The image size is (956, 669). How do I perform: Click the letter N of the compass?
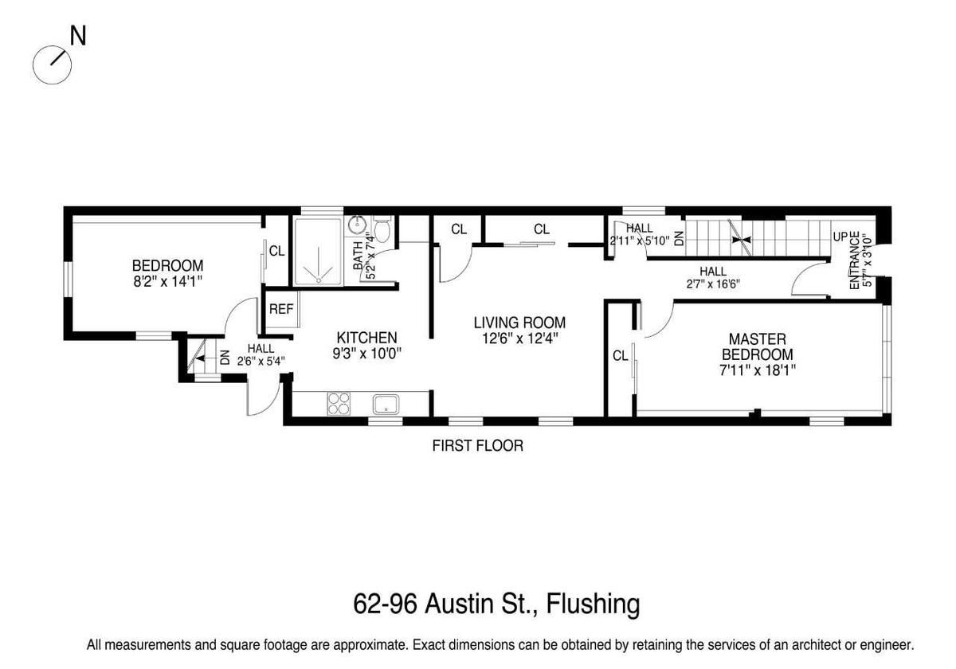point(78,36)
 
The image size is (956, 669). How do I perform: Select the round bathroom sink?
point(356,224)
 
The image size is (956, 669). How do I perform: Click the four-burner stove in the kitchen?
point(339,404)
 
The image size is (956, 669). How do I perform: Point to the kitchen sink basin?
point(386,404)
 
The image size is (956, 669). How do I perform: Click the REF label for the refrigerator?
point(281,309)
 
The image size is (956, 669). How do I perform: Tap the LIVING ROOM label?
point(519,323)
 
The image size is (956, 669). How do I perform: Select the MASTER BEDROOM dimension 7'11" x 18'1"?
point(758,370)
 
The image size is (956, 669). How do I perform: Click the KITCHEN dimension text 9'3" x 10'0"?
point(367,354)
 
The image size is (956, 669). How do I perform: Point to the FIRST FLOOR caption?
point(477,446)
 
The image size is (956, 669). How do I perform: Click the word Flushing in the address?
point(594,604)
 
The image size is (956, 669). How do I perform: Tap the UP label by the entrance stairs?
point(840,237)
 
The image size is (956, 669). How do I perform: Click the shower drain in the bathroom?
point(319,280)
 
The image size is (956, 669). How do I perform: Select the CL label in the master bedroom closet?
point(620,355)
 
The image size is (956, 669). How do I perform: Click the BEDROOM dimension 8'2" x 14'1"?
point(167,282)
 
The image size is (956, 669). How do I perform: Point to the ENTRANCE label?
point(854,260)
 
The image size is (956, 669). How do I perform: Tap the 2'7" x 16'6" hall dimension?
point(713,284)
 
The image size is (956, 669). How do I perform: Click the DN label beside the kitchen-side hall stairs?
point(225,357)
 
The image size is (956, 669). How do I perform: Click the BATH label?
point(358,256)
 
